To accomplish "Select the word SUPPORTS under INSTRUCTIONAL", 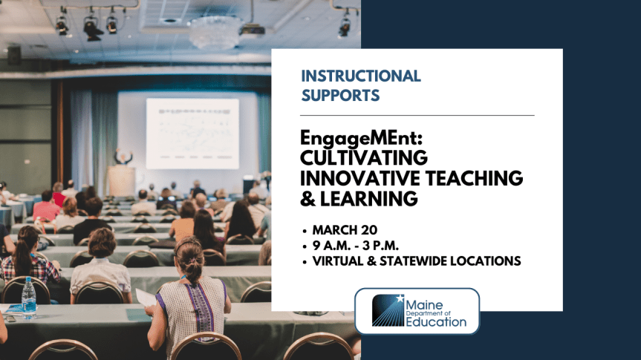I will point(341,96).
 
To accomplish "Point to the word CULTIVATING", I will point(364,158).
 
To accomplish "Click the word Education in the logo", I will point(436,321).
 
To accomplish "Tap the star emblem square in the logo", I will point(388,311).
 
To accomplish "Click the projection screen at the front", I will point(192,134).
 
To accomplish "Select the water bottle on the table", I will point(29,297).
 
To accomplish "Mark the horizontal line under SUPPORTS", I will point(417,116).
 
